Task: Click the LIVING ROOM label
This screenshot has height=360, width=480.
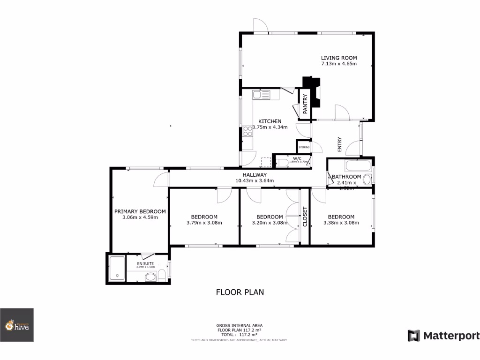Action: (x=339, y=58)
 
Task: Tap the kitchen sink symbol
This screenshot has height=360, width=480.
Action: (x=261, y=95)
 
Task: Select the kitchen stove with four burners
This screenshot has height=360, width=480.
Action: (x=247, y=132)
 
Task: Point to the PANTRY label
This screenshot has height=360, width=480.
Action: (x=305, y=104)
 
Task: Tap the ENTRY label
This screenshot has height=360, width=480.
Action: (x=340, y=143)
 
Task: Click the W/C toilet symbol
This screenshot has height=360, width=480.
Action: (x=282, y=163)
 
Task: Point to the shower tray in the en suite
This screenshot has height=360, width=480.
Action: (x=117, y=268)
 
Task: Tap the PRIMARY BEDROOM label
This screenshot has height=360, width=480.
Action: (x=140, y=211)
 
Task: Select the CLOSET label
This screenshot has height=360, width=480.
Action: (x=305, y=217)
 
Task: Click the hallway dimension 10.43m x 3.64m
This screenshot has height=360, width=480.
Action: (x=255, y=180)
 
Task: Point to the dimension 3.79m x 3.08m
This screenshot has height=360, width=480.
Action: (x=204, y=223)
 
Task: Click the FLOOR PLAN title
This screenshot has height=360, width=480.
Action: (x=240, y=292)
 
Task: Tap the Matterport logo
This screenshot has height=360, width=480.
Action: (x=443, y=336)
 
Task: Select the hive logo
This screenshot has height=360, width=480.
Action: (x=17, y=325)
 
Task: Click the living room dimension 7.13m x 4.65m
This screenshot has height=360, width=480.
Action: (x=339, y=64)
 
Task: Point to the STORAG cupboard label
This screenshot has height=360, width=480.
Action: (x=304, y=147)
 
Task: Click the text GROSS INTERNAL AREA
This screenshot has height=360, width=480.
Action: (x=239, y=325)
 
